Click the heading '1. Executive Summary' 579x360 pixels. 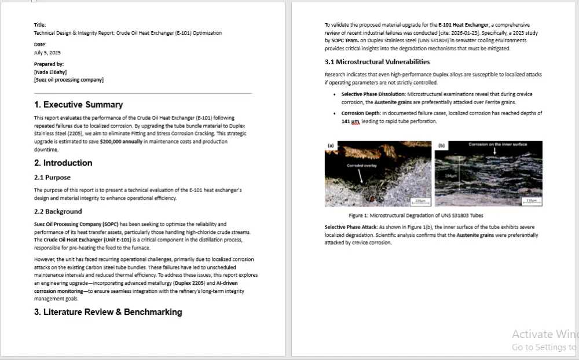78,105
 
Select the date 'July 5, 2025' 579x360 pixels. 47,53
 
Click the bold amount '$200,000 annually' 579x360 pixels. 121,141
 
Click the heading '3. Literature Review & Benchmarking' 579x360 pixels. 108,312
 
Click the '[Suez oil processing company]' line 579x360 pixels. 69,79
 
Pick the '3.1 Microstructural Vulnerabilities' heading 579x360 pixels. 377,62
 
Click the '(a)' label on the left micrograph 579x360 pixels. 331,145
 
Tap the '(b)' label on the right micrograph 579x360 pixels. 441,145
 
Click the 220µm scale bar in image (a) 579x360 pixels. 419,200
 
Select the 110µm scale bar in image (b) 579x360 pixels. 530,200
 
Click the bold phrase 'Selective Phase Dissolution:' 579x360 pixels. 373,94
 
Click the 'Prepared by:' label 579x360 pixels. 49,64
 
